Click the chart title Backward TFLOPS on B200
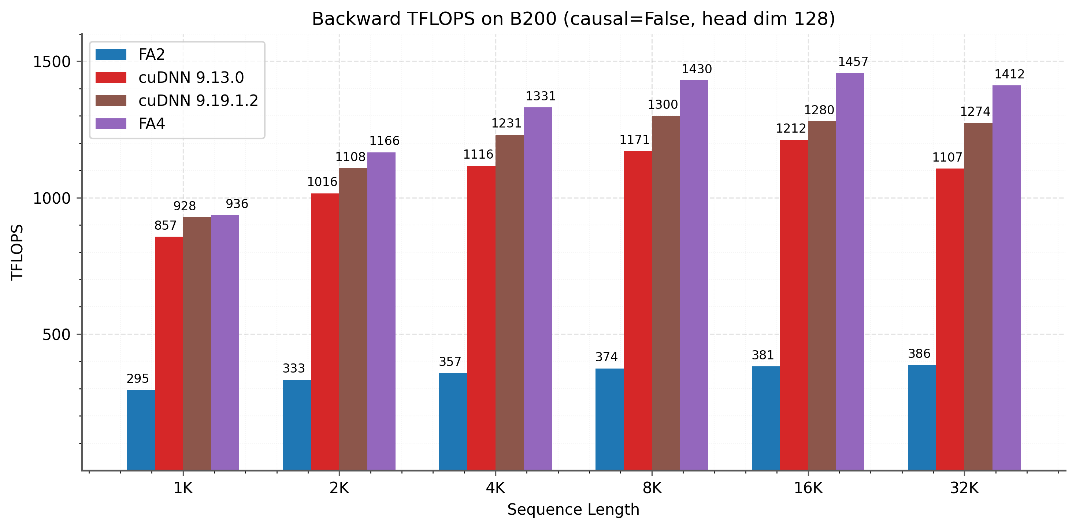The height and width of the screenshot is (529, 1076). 573,19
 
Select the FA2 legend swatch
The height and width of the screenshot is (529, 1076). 111,54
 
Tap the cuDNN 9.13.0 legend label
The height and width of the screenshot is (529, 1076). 191,77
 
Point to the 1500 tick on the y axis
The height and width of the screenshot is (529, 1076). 52,62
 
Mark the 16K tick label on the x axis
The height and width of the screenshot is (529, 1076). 808,488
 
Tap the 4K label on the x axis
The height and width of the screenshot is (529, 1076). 496,488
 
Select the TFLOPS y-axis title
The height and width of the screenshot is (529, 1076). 17,252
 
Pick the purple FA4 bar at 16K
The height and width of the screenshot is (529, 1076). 850,271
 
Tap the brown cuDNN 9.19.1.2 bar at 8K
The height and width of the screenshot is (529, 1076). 666,292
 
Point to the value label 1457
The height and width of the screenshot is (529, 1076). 853,62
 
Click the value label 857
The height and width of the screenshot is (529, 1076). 166,226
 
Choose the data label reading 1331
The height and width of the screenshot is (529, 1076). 541,96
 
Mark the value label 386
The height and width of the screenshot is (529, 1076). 919,354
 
